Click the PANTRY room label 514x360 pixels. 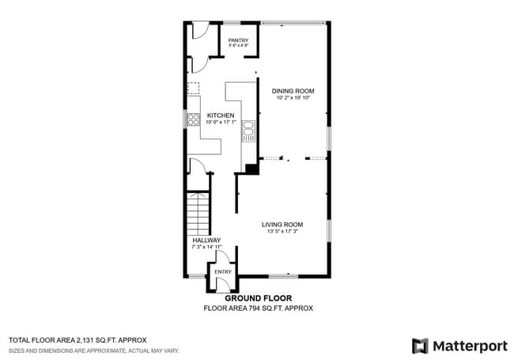point(238,40)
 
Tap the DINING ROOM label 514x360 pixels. point(293,91)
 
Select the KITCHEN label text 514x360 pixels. point(221,116)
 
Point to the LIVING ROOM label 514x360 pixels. point(282,224)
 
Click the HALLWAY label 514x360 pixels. point(206,240)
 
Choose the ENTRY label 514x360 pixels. point(223,271)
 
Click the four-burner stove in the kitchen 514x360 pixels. point(192,120)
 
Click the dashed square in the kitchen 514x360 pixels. point(192,89)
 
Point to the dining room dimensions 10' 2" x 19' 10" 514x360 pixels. point(293,98)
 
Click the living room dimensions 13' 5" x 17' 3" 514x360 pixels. point(282,231)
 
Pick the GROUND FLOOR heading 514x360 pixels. point(258,298)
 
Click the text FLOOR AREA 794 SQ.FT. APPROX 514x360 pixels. point(258,308)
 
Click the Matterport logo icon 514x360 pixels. point(420,346)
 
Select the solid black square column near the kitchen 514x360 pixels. point(251,168)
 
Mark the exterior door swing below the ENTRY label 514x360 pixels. point(223,286)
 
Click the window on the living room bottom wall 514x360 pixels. point(283,276)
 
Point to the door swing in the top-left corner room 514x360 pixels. point(198,31)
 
